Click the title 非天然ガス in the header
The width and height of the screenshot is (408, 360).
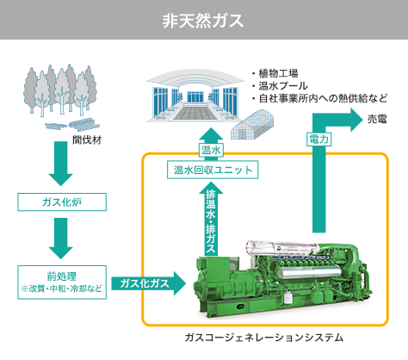(203, 21)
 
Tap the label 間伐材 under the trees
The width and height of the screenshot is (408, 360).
(87, 140)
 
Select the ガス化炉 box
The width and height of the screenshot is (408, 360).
(62, 202)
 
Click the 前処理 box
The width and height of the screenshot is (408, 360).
(62, 282)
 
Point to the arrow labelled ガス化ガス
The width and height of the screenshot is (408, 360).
(148, 283)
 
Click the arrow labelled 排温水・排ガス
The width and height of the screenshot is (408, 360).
(211, 219)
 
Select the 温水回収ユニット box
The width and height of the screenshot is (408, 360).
(213, 170)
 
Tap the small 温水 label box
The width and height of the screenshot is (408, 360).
(211, 150)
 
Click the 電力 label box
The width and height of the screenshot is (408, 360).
(318, 140)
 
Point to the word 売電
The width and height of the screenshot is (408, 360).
(377, 119)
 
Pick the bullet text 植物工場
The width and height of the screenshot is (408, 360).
(278, 73)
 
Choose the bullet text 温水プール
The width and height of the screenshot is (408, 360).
(283, 86)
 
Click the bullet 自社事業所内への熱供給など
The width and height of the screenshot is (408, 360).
(323, 98)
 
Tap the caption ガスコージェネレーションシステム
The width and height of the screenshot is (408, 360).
(264, 338)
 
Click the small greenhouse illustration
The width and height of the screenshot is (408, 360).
(252, 125)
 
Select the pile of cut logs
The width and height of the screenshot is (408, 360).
(72, 125)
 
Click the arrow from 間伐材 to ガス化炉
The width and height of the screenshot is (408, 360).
(61, 164)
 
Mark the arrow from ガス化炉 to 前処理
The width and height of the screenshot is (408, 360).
(61, 239)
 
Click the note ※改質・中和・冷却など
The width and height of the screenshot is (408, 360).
(62, 289)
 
